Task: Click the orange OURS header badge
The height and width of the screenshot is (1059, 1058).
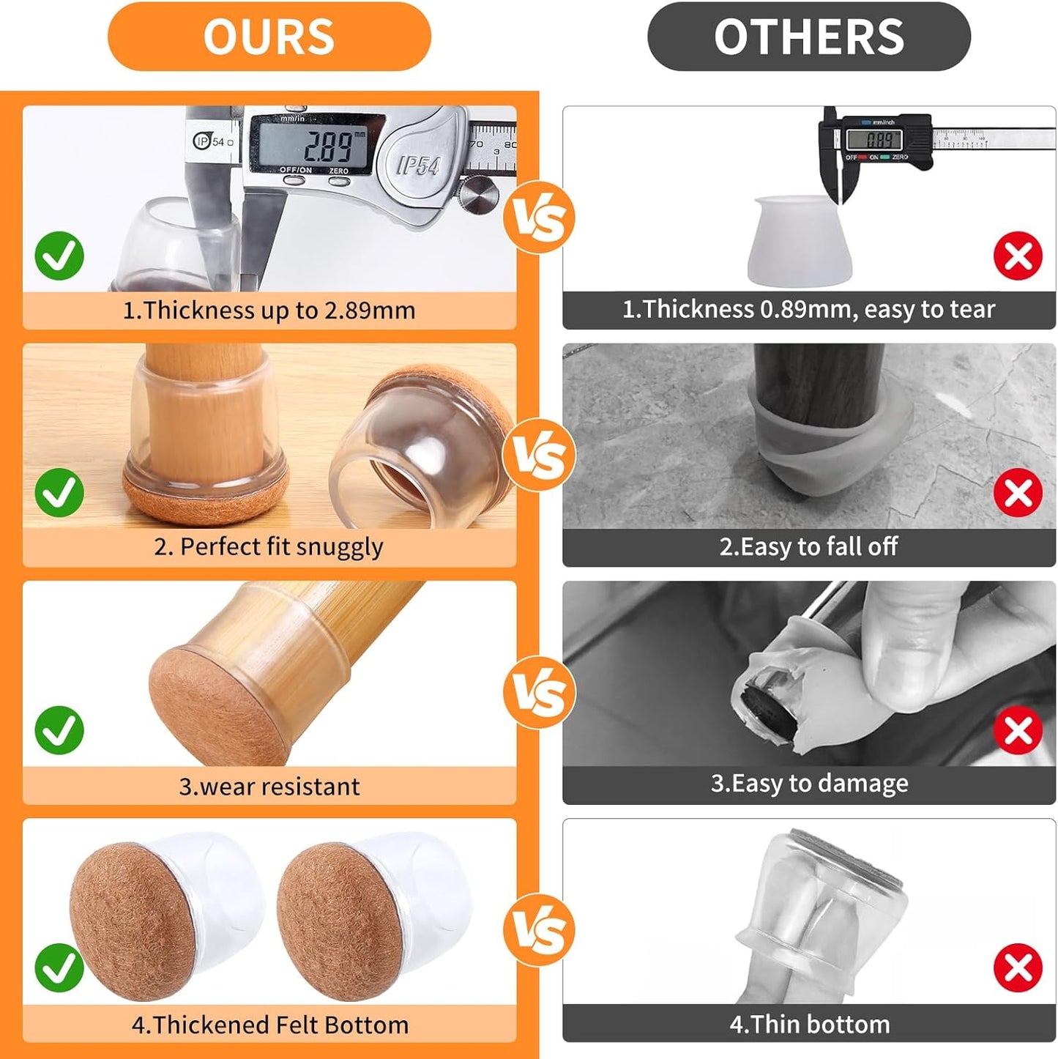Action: [x=269, y=37]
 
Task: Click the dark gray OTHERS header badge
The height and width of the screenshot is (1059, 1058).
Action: [x=808, y=37]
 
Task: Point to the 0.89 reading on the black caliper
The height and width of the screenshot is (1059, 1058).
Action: [x=879, y=138]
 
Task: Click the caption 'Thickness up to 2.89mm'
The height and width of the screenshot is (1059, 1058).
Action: [x=269, y=311]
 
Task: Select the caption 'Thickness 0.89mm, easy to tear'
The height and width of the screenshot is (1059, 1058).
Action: [x=808, y=309]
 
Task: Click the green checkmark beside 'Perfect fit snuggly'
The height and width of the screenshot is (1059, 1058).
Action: [x=59, y=493]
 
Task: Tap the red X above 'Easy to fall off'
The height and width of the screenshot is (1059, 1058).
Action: [x=1018, y=493]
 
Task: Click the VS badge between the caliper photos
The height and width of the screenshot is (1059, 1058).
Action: [x=539, y=218]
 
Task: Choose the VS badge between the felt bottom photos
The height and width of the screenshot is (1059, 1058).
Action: [x=539, y=930]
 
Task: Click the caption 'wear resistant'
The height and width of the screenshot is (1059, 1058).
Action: [x=269, y=787]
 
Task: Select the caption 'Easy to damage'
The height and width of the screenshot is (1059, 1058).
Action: [x=808, y=784]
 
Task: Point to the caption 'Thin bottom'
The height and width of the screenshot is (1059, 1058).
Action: [x=808, y=1024]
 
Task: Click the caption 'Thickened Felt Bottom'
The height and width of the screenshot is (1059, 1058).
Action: [x=269, y=1025]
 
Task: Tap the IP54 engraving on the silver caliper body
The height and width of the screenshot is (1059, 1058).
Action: [x=417, y=166]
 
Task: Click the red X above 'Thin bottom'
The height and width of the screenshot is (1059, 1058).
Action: [x=1018, y=967]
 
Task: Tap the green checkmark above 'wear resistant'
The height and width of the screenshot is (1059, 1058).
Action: [x=59, y=730]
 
